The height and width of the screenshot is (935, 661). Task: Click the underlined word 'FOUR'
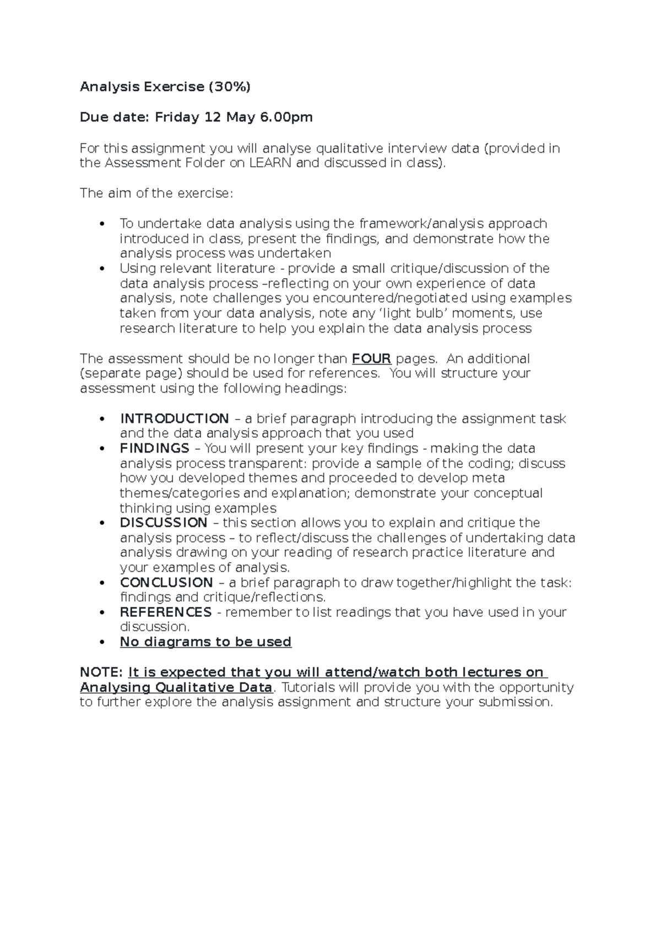click(371, 359)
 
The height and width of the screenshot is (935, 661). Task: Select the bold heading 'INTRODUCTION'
click(174, 418)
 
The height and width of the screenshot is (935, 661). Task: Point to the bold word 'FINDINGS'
click(154, 448)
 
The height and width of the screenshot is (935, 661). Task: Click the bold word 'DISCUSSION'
click(164, 523)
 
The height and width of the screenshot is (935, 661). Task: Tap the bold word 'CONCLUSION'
click(166, 583)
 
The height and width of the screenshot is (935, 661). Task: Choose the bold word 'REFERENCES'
click(165, 612)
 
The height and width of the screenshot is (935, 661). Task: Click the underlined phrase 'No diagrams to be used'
click(205, 642)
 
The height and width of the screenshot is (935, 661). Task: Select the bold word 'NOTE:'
click(101, 672)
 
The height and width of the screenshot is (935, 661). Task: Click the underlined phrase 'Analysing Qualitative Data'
click(176, 687)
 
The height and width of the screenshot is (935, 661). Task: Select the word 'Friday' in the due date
click(176, 117)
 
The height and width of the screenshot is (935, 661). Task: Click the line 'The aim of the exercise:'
click(156, 193)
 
